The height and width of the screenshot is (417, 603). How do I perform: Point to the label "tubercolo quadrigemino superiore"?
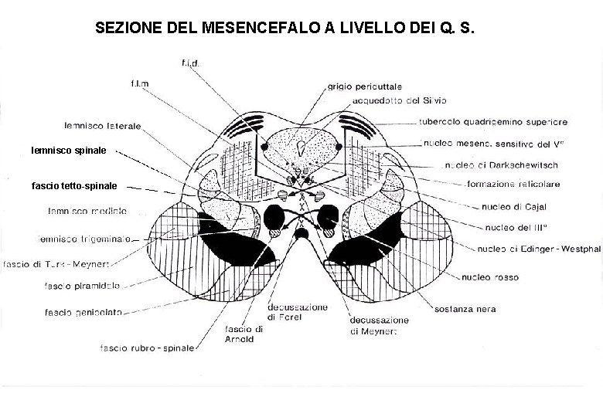click(x=493, y=121)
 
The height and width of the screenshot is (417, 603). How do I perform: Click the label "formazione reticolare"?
click(x=513, y=184)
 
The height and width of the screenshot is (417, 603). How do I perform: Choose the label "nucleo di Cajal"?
click(x=512, y=206)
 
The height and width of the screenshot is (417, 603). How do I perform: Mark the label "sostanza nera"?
click(x=464, y=309)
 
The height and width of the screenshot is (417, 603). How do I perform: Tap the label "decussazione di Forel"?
click(x=298, y=313)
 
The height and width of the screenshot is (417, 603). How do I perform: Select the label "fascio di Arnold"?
click(x=244, y=334)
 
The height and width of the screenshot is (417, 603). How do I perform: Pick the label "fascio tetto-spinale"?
click(x=74, y=186)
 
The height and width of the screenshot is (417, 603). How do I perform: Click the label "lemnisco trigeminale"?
click(x=85, y=238)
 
